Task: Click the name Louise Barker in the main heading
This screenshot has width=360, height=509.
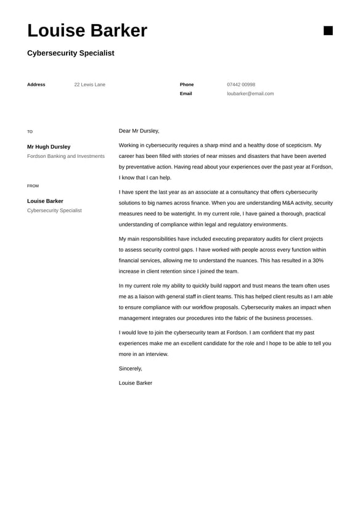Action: (87, 31)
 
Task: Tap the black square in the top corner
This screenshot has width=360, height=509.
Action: (328, 31)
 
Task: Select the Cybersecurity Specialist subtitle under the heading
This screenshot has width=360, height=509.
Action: (70, 53)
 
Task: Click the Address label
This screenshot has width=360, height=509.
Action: (36, 85)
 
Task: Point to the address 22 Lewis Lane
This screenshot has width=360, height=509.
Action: (89, 85)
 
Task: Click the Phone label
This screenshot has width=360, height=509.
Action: (186, 85)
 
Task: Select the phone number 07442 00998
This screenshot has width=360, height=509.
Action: (240, 85)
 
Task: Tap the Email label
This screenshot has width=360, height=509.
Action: (186, 94)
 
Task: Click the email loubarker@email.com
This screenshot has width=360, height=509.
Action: (250, 94)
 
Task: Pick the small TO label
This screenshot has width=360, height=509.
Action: (30, 131)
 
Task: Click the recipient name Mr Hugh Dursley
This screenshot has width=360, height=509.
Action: (49, 147)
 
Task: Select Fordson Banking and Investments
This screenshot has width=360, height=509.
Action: (66, 156)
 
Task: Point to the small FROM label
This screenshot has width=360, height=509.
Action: (33, 186)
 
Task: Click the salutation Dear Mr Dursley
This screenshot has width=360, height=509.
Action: (139, 131)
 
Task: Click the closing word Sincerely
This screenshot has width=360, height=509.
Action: (130, 368)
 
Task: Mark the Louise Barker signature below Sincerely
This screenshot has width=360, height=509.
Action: (135, 383)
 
